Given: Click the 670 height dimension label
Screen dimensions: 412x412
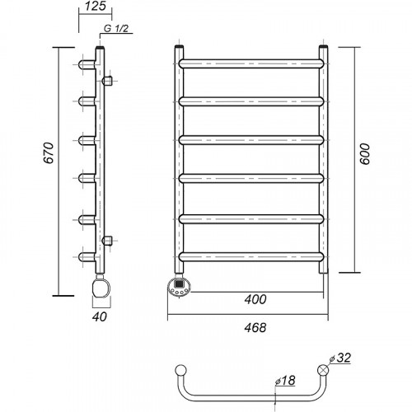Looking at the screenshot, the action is point(49,153).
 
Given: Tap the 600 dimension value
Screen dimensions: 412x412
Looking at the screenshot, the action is point(365,154).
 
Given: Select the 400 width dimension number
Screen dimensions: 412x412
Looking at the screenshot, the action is point(255,299).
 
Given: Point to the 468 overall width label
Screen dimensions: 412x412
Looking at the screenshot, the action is point(255,327).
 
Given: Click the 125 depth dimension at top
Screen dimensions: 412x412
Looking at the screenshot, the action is point(96,7).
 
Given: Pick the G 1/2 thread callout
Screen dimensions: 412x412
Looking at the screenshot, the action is point(116,28).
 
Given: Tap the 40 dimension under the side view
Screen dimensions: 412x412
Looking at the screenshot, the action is point(99,316).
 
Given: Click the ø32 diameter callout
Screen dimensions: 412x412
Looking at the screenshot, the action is point(340,358).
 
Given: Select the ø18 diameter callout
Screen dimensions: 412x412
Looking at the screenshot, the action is point(285,381).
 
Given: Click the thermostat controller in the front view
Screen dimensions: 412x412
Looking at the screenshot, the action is point(179,287).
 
